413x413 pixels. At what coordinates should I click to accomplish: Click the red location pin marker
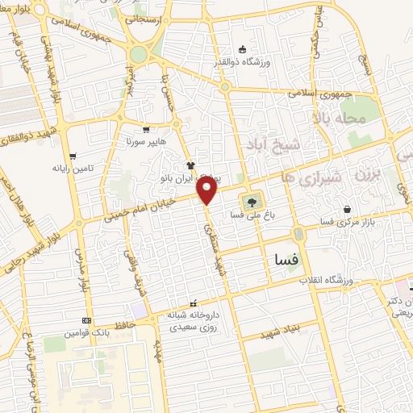[208, 190]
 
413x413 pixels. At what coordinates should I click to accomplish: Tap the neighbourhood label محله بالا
[365, 119]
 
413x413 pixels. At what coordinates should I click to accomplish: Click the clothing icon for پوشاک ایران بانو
[190, 165]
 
